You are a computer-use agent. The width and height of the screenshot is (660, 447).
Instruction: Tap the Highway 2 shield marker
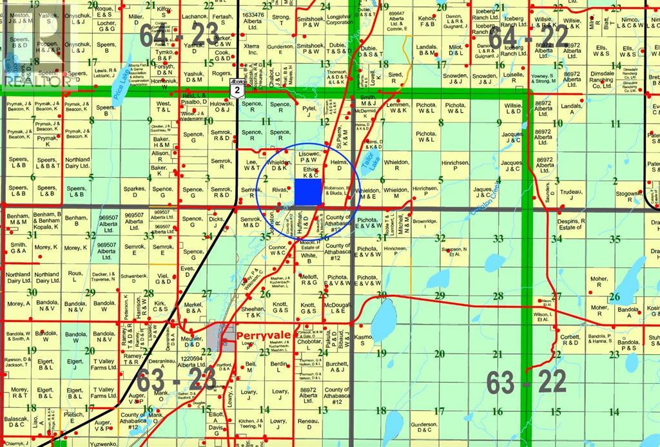tap(239, 91)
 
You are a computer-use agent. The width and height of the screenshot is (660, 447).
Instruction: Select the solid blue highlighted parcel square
tap(308, 191)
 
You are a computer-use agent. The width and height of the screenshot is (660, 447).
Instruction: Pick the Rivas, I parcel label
tap(279, 191)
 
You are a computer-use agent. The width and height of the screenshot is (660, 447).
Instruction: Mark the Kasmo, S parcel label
tap(364, 338)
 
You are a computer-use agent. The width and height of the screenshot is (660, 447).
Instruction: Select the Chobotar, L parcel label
tap(308, 348)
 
